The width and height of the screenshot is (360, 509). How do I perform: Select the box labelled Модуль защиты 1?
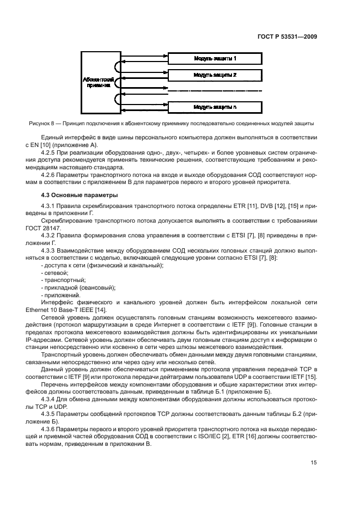(x=215, y=58)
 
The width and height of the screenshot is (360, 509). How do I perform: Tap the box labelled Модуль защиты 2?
(x=215, y=75)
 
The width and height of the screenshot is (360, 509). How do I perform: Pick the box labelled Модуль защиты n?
(x=215, y=107)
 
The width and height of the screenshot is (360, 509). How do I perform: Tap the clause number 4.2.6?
(x=49, y=175)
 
